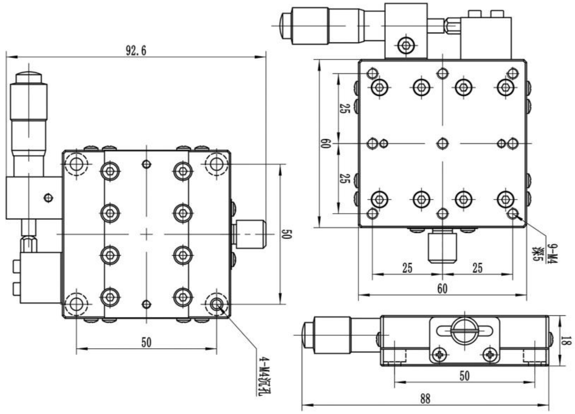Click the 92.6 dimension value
[136, 51]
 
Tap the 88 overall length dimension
[425, 399]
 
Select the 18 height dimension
[567, 340]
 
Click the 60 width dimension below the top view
[442, 288]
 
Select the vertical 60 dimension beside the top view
[325, 143]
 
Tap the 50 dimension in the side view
[464, 376]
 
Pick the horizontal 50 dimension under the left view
[146, 342]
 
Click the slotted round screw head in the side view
[464, 329]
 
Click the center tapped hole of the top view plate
[442, 143]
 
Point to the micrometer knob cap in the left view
[28, 78]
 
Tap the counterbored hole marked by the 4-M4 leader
[217, 304]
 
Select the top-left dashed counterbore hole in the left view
[76, 163]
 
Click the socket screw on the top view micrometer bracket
[406, 46]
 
